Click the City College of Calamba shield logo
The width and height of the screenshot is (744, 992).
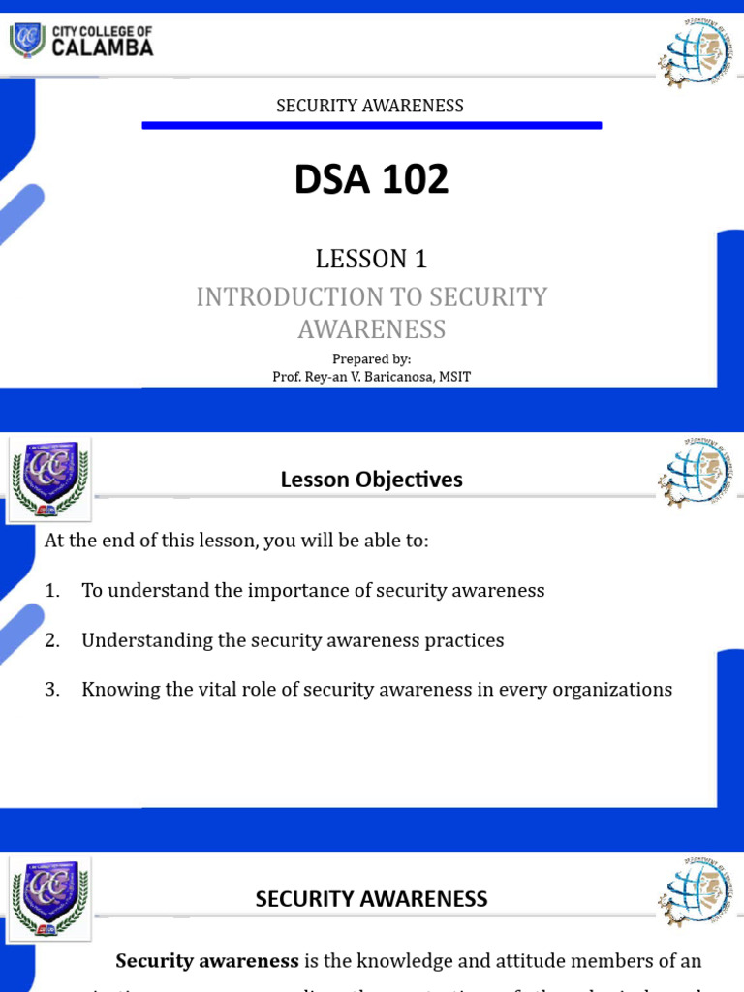coord(26,40)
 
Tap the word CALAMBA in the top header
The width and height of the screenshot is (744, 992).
coord(102,47)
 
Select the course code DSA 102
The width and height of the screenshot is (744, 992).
coord(371,179)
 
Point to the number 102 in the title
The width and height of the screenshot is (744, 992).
coord(414,179)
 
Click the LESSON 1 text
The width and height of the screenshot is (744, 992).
coord(371,259)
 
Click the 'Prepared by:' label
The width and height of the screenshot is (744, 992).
coord(371,359)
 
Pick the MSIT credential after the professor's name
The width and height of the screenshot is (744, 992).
coord(453,377)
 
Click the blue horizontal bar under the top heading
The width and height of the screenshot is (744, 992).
coord(371,125)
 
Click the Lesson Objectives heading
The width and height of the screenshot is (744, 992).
coord(371,480)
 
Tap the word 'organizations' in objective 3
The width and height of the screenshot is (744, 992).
coord(612,690)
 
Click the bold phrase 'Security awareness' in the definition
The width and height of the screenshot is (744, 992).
coord(207,961)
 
